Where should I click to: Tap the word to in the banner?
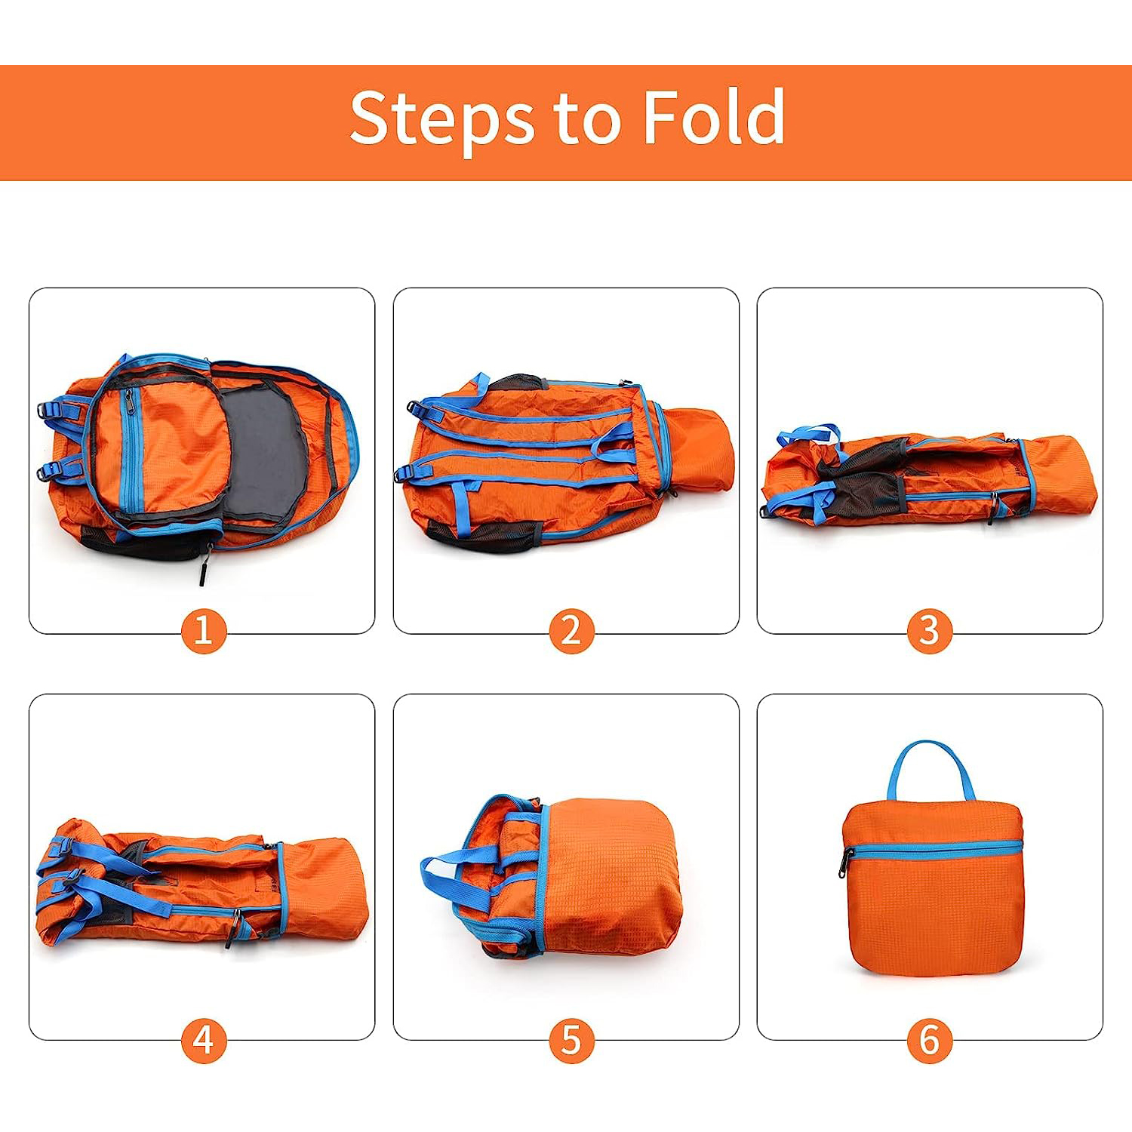coord(588,119)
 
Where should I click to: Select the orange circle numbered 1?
coord(204,631)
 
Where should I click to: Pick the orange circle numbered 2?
coord(571,631)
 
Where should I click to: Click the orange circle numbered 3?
coord(930,631)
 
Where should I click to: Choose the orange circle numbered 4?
coord(204,1040)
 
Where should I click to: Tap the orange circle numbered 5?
coord(571,1040)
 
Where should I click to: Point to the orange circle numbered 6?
coord(930,1040)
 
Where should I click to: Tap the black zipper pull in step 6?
coord(845,865)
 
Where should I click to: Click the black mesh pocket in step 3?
coord(860,483)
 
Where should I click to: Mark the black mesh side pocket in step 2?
coord(483,534)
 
